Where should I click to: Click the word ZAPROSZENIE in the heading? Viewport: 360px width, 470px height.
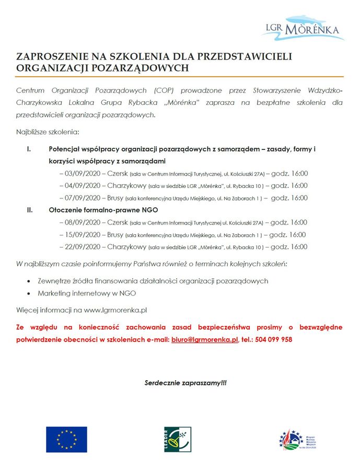pyautogui.click(x=50, y=56)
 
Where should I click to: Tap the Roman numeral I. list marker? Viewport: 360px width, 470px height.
pyautogui.click(x=30, y=150)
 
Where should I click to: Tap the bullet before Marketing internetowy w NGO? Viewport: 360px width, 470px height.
pyautogui.click(x=28, y=294)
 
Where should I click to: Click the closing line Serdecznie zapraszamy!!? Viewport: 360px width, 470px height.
pyautogui.click(x=185, y=383)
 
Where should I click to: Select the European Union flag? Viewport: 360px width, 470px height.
pyautogui.click(x=66, y=439)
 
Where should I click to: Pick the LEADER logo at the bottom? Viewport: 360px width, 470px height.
pyautogui.click(x=178, y=439)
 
